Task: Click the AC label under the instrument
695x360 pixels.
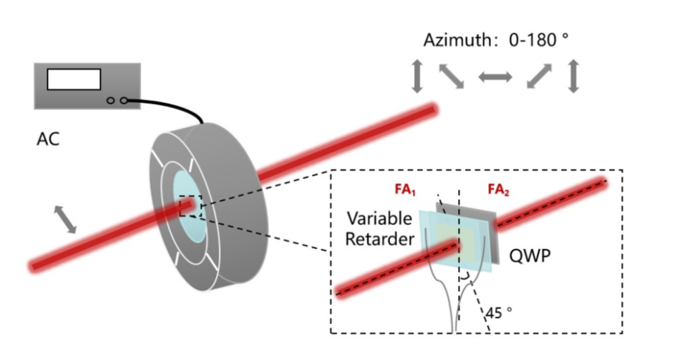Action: (48, 139)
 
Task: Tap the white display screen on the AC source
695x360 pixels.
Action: (74, 79)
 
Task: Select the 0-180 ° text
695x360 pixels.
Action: (538, 40)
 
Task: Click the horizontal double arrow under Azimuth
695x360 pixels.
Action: (495, 77)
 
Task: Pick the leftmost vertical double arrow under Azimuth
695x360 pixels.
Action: (417, 77)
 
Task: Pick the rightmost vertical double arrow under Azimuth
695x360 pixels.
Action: (574, 76)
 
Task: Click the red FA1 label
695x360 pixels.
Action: (405, 190)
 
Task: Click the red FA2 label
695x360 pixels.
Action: (498, 190)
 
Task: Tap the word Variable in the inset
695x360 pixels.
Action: (379, 218)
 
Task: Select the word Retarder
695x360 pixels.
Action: (380, 239)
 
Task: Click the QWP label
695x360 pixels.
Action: (530, 256)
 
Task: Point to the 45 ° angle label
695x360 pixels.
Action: (499, 313)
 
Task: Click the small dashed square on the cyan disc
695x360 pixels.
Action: (191, 206)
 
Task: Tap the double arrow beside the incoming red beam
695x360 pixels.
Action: (65, 220)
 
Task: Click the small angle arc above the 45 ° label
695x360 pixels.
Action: (465, 277)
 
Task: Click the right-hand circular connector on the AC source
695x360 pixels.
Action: (123, 101)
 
